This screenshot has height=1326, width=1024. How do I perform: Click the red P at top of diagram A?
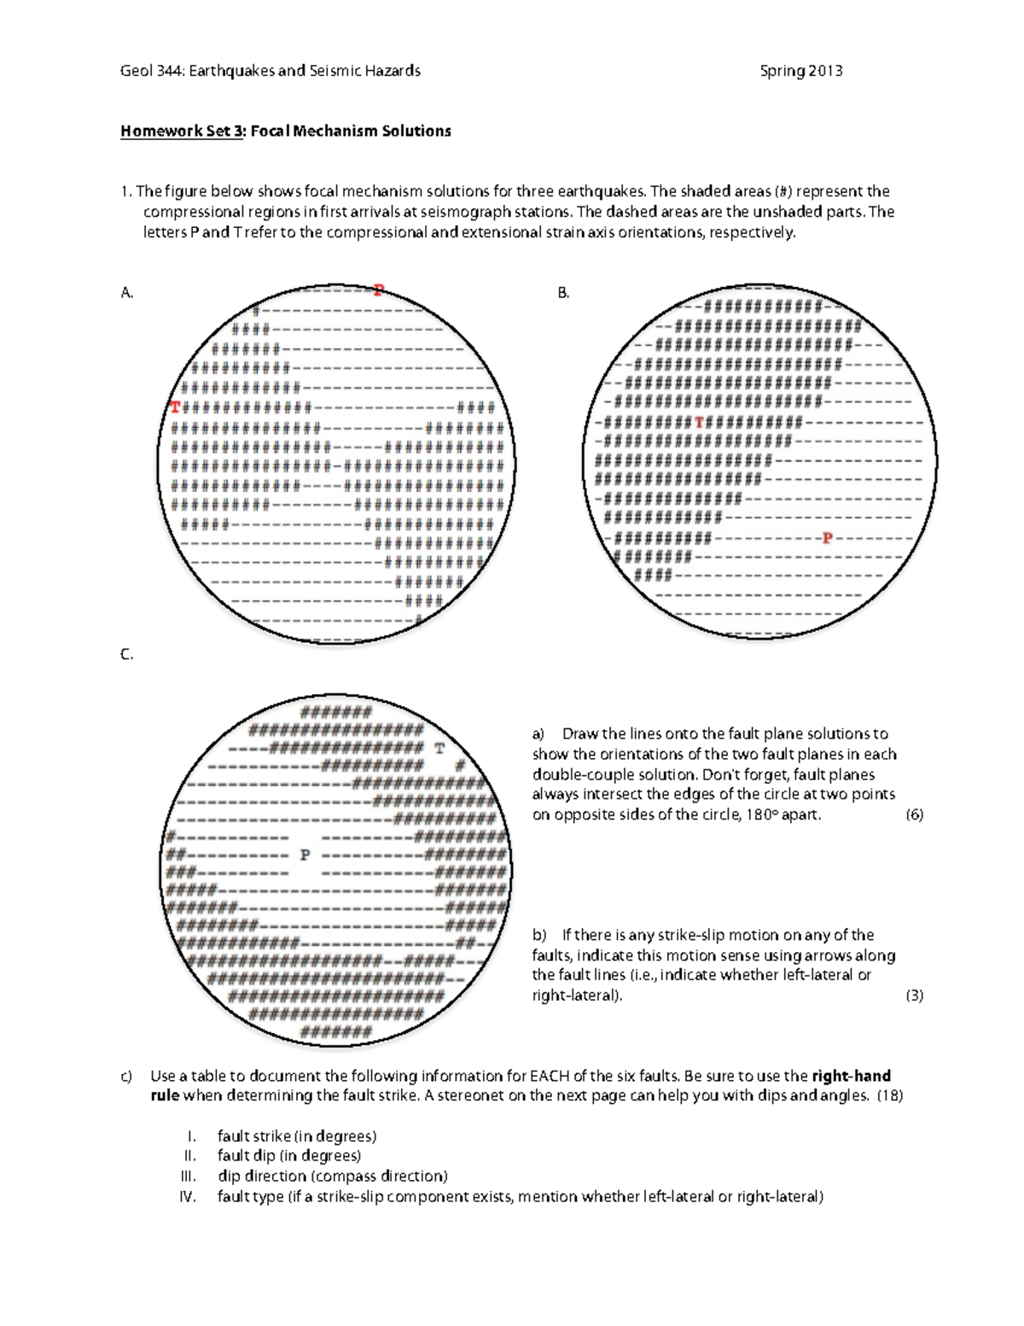tap(378, 290)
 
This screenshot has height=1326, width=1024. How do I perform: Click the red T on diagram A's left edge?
tap(175, 407)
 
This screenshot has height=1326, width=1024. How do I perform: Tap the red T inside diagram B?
tap(699, 422)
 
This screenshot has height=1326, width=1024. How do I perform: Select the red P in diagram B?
tap(826, 538)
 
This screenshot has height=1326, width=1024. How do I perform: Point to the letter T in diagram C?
tap(439, 749)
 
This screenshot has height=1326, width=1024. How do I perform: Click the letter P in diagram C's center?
tap(305, 854)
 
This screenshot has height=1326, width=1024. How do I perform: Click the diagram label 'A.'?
tap(127, 293)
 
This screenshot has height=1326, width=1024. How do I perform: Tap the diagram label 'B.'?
tap(563, 293)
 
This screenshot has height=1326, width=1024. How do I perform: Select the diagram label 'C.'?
tap(127, 655)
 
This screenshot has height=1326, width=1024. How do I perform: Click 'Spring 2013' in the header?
tap(800, 71)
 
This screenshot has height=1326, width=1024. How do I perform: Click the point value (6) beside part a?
tap(914, 815)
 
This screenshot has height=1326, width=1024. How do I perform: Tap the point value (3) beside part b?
tap(914, 995)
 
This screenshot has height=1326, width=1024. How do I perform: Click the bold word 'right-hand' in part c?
tap(851, 1076)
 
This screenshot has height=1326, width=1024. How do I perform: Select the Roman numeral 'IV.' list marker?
tap(188, 1196)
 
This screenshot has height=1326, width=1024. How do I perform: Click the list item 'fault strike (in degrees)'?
tap(296, 1136)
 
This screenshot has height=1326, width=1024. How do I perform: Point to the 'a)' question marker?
tap(538, 734)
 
